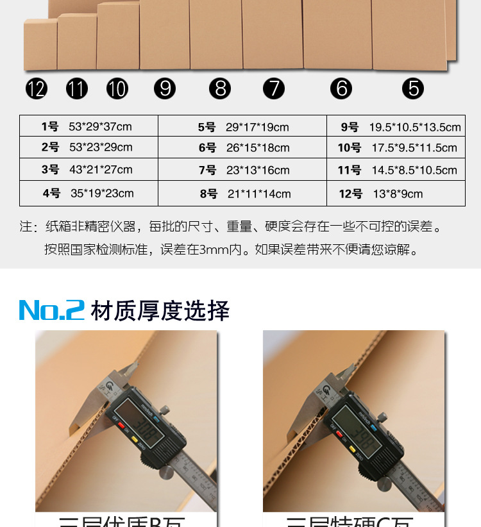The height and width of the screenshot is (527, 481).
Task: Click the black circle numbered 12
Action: click(x=37, y=88)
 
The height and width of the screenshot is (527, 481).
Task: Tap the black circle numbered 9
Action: click(x=165, y=88)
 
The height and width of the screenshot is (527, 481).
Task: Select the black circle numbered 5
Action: click(x=413, y=88)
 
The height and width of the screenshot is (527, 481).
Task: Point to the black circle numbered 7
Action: click(x=274, y=88)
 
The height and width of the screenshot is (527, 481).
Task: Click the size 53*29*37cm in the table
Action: click(x=99, y=126)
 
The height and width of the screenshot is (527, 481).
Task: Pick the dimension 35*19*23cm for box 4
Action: click(x=102, y=193)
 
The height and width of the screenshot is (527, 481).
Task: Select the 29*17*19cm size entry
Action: click(x=257, y=127)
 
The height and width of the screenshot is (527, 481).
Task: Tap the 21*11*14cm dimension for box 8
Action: click(x=258, y=194)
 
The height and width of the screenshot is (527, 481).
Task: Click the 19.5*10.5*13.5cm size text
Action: click(x=414, y=127)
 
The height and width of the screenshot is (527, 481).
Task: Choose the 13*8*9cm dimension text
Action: click(x=398, y=194)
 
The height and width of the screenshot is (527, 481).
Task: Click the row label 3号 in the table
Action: click(x=50, y=170)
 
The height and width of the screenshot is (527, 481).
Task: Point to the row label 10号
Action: click(x=350, y=148)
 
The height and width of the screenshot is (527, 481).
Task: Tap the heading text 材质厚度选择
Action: click(x=160, y=310)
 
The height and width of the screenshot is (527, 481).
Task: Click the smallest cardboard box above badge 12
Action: click(x=40, y=45)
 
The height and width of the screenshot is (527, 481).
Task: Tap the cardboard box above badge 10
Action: click(x=118, y=37)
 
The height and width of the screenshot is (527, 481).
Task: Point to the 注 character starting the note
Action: click(x=26, y=227)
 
